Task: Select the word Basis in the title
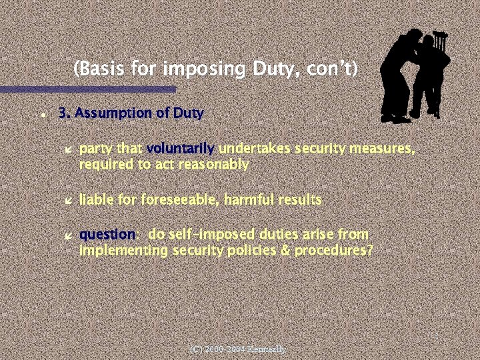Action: coord(97,69)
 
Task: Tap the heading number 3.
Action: coord(64,113)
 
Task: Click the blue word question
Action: coord(107,235)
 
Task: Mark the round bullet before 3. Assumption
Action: coord(42,115)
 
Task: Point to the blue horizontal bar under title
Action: coord(87,89)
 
